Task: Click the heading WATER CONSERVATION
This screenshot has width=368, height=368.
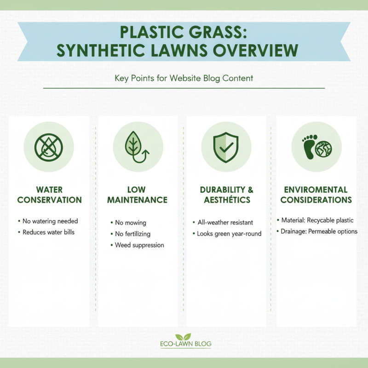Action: click(49, 195)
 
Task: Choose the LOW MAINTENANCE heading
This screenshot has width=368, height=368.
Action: click(137, 195)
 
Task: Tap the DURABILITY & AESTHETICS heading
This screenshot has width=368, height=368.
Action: click(225, 195)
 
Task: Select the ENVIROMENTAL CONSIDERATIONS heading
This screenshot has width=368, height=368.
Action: click(316, 195)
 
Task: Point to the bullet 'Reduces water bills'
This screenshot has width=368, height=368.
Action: click(48, 232)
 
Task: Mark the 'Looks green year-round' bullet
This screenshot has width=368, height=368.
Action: click(229, 234)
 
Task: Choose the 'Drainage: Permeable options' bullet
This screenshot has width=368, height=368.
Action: click(319, 231)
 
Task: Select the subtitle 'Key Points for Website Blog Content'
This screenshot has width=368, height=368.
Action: click(184, 78)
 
